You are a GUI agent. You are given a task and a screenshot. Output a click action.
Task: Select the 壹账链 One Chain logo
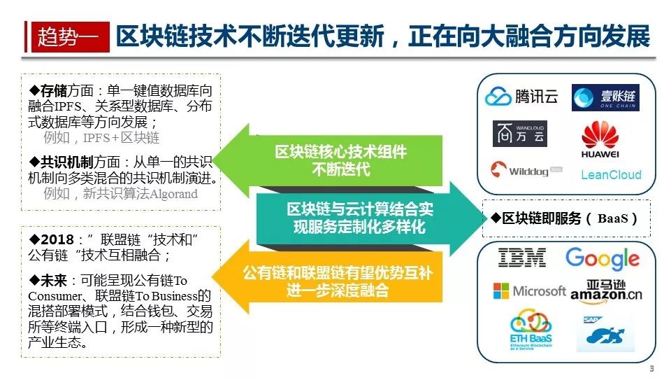tap(605, 98)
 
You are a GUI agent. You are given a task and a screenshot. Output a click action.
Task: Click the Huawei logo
tap(600, 139)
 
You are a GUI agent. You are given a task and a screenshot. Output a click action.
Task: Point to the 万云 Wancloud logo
tap(520, 133)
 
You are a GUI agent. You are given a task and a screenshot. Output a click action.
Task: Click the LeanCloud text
tap(610, 175)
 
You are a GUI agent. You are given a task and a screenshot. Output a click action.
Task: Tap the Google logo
tap(602, 258)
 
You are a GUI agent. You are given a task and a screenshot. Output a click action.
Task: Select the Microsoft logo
tap(529, 290)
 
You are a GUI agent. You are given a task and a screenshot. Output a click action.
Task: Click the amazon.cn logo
tap(606, 291)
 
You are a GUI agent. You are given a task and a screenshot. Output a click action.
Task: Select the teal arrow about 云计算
tap(363, 218)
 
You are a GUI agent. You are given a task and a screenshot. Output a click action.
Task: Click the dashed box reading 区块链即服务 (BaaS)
tap(566, 218)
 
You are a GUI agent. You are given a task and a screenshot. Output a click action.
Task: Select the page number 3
tap(652, 369)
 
